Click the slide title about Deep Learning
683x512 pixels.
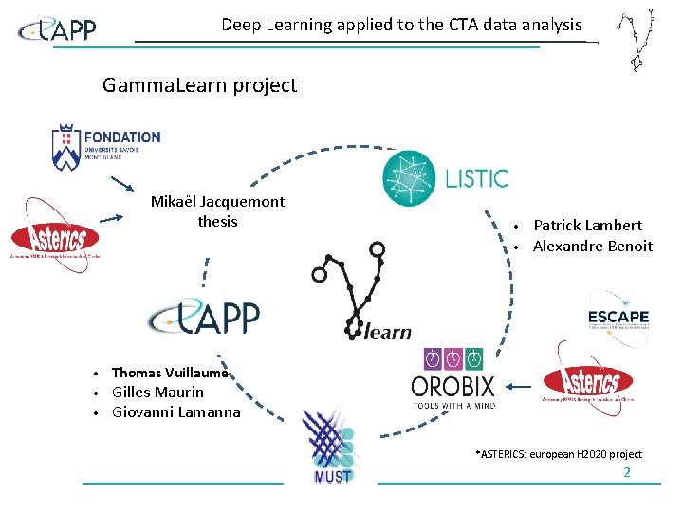tap(401, 25)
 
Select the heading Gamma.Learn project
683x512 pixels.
tap(199, 85)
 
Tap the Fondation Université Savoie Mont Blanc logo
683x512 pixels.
tap(106, 147)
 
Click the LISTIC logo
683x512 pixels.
tap(446, 178)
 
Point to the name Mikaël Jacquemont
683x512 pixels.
tap(217, 202)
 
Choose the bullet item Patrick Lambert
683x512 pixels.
tap(587, 226)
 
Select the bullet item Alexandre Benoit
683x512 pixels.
tap(592, 247)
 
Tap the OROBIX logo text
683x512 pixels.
tap(453, 388)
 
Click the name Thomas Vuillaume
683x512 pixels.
tap(170, 373)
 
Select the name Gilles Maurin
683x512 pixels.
tap(157, 393)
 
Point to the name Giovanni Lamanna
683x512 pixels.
tap(175, 412)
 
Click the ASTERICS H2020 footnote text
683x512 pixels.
tap(558, 454)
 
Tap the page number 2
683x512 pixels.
tap(626, 472)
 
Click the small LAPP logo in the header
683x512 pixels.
tap(58, 31)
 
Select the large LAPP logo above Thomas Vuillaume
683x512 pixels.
tap(204, 317)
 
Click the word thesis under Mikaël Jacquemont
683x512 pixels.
tap(217, 222)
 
